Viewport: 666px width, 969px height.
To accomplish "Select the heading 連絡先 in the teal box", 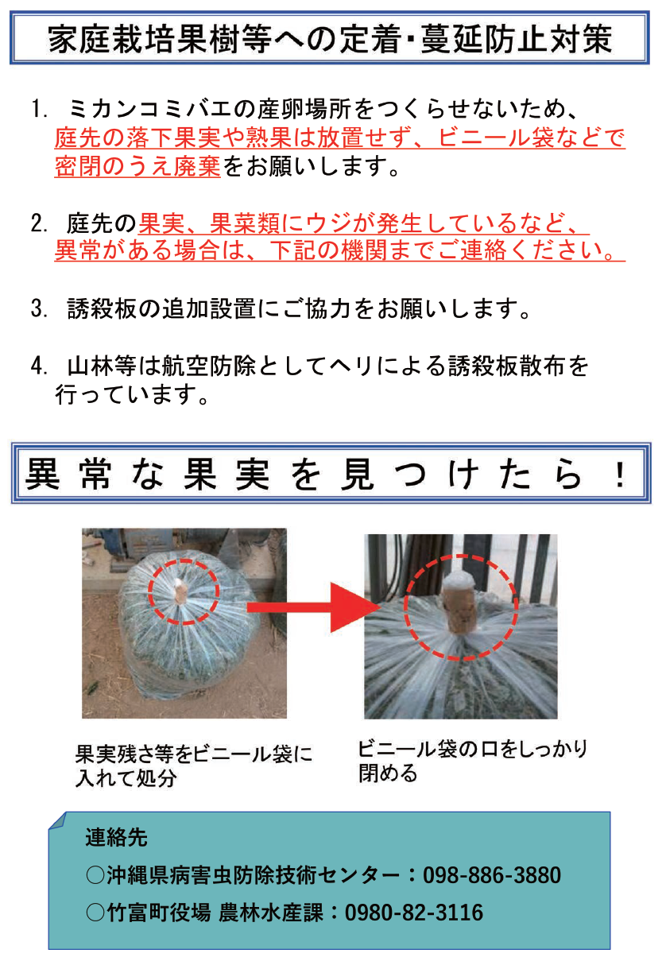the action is click(116, 837).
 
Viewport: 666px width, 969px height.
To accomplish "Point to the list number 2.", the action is click(39, 223).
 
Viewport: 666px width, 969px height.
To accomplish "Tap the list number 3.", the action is click(39, 309).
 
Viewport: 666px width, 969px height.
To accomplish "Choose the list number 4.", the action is click(39, 366).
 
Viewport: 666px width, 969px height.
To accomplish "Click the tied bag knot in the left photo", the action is click(179, 591).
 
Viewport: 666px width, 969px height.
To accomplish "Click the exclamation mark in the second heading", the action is click(620, 475).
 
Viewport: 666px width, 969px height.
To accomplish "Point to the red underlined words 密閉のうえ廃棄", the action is click(137, 166).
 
